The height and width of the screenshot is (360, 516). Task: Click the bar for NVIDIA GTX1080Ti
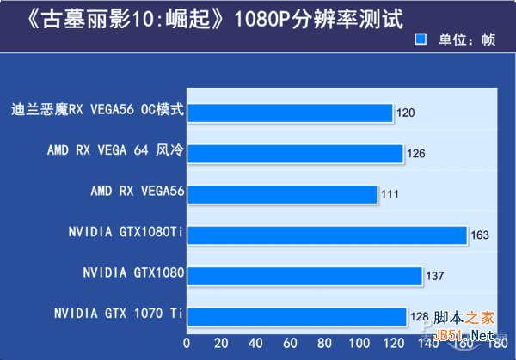point(327,235)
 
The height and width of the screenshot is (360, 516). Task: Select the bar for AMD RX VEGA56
point(282,194)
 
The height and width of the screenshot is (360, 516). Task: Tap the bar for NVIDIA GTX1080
point(304,276)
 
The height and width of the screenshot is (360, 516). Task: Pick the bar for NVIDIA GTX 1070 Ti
point(297,317)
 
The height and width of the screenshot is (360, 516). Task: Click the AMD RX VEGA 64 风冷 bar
point(295,153)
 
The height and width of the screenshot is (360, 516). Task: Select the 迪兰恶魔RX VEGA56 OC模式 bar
point(290,112)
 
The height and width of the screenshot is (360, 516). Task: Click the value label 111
point(390,195)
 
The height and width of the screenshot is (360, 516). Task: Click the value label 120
point(407,113)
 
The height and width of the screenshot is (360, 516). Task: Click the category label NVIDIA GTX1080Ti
point(126,232)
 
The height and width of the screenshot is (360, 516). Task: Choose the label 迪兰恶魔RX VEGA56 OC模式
point(98,110)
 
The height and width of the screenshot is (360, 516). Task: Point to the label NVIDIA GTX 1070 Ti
point(119,314)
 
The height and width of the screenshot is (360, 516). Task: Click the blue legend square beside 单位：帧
point(421,39)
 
